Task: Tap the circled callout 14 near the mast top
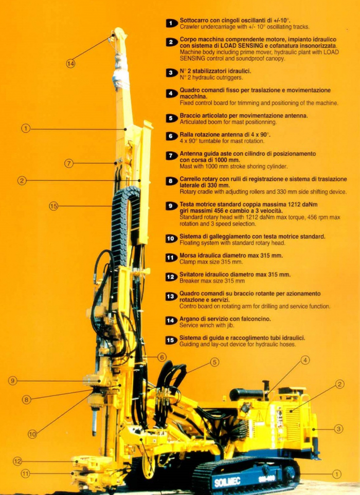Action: pos(70,64)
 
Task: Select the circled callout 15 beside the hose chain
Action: pos(53,206)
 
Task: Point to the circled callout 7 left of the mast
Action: pos(69,163)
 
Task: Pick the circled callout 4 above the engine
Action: pos(305,360)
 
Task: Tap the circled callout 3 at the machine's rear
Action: pos(338,428)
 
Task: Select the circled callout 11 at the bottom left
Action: pos(25,473)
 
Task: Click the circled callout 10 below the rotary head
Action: pos(32,434)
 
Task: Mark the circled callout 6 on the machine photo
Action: pos(161,357)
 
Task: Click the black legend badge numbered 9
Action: pos(171,206)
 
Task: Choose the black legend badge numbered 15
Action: pos(171,340)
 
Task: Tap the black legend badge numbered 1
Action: pos(171,23)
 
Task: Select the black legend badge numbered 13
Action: pos(171,297)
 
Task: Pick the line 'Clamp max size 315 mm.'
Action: pos(211,262)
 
